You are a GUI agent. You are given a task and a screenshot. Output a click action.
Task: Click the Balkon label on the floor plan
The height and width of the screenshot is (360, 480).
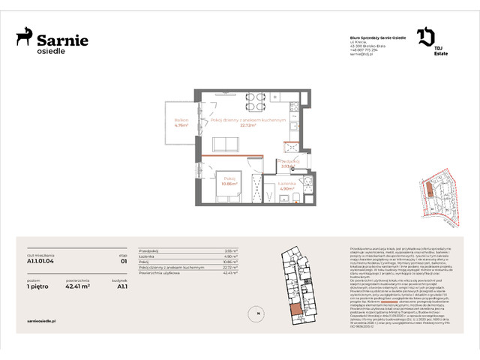(x=180, y=121)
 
